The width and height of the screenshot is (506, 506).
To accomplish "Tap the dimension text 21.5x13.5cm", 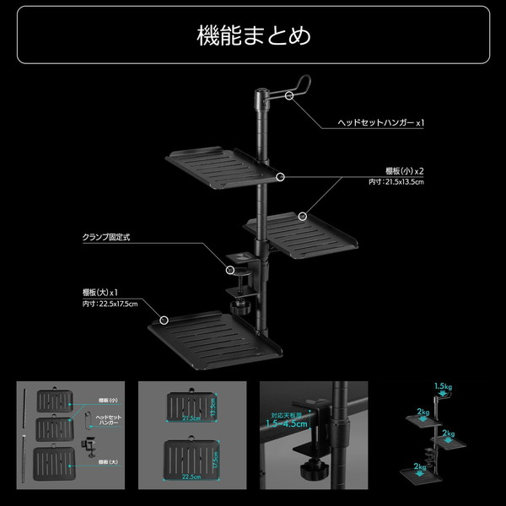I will [x=396, y=181].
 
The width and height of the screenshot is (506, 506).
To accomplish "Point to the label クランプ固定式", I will [x=106, y=238].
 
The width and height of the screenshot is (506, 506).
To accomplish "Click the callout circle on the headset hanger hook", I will [x=290, y=96].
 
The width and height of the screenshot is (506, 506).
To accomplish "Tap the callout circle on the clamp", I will [x=229, y=269].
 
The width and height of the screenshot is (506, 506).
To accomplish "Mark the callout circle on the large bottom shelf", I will [x=164, y=320].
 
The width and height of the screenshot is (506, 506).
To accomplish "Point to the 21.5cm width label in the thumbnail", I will [x=191, y=417].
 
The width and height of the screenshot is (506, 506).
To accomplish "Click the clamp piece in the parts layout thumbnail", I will [x=87, y=444].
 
